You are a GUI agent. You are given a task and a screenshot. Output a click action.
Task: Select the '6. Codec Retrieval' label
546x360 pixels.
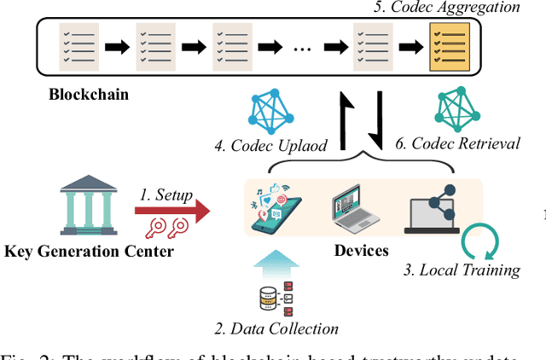[457, 142]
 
